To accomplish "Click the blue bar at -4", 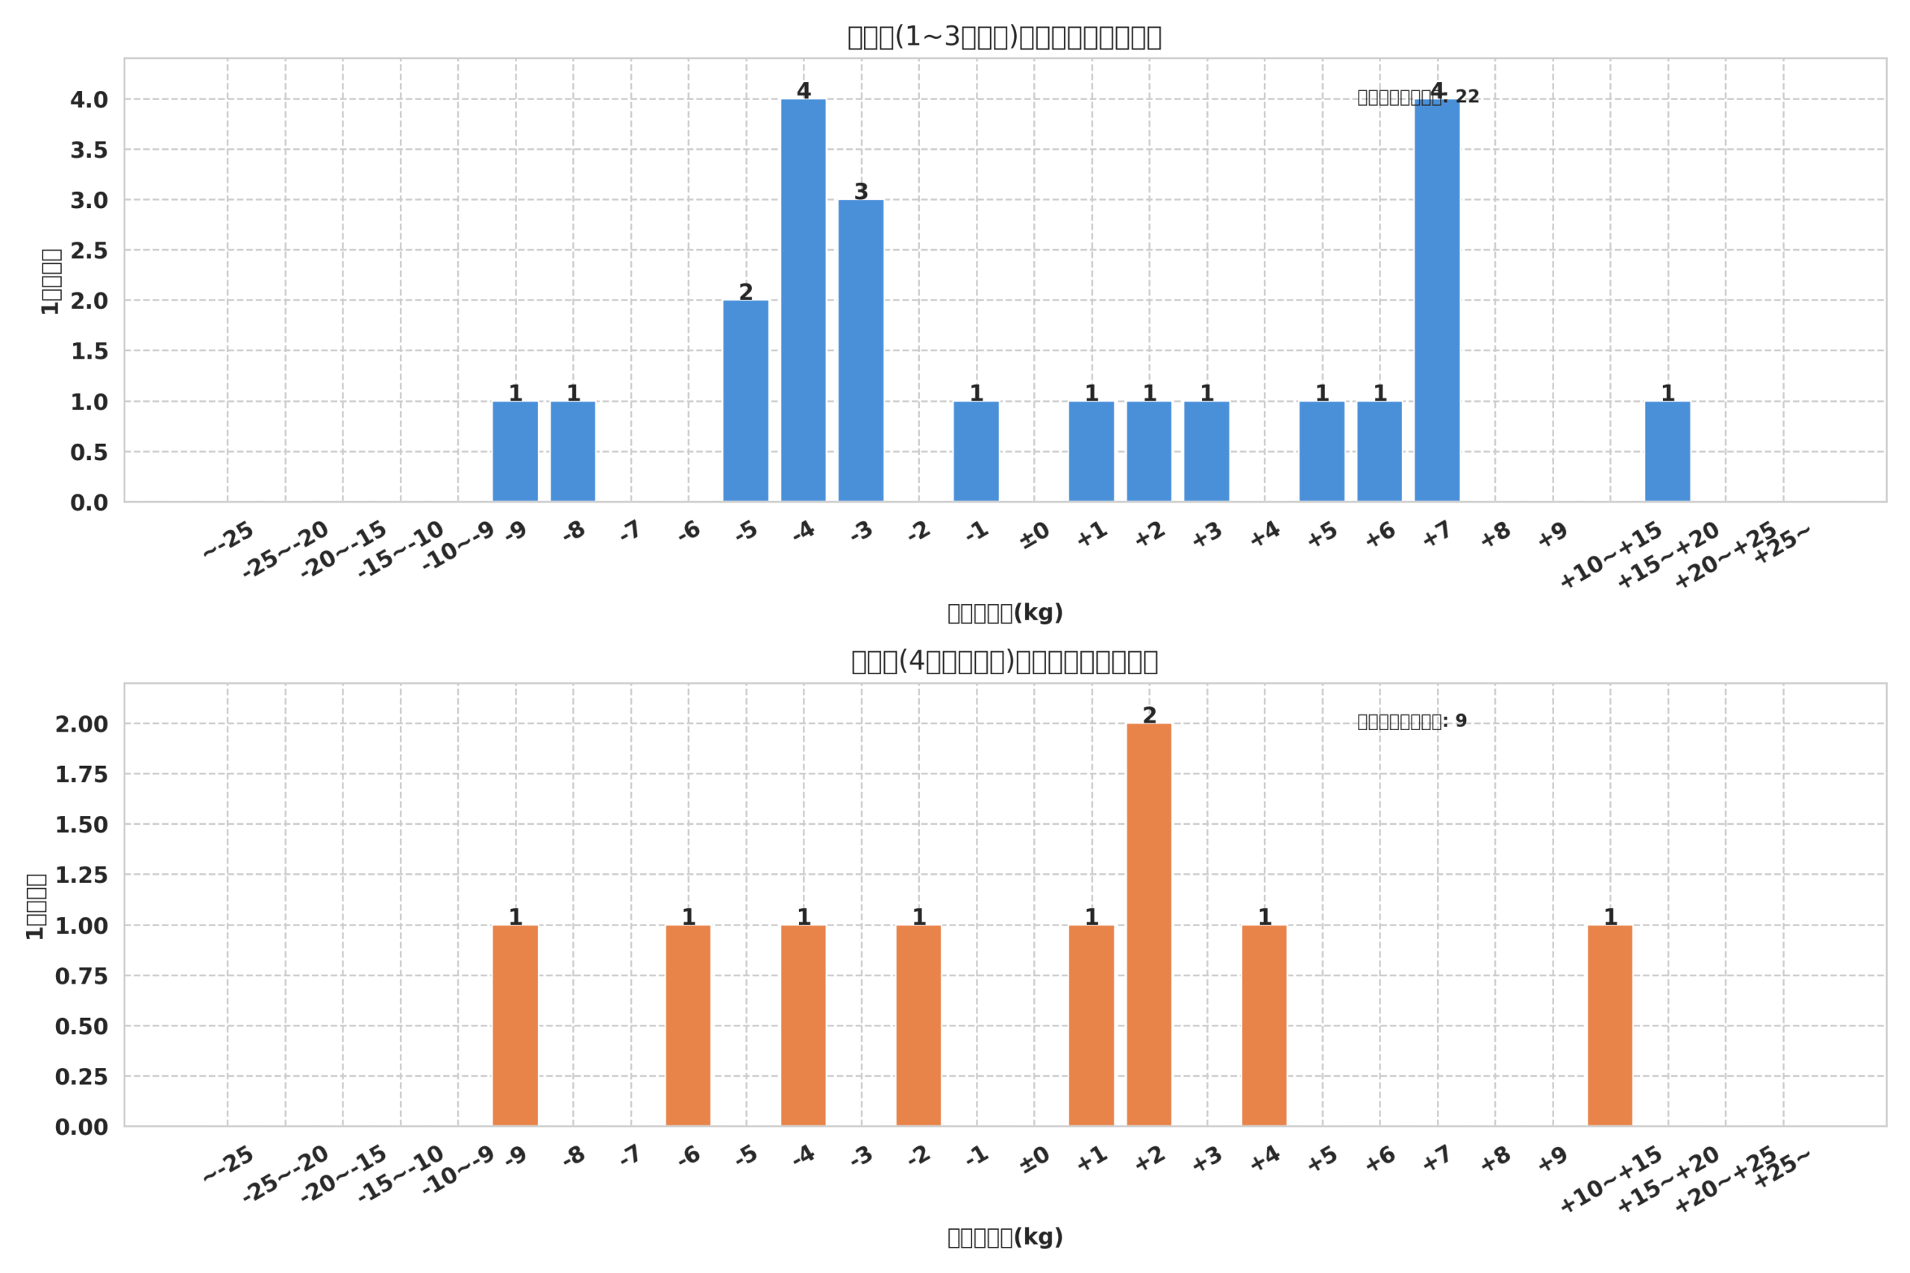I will coord(803,301).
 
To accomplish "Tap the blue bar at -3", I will coord(861,351).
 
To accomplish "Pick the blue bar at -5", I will coord(745,401).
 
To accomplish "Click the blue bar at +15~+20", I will coord(1668,451).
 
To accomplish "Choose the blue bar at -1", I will coord(976,451).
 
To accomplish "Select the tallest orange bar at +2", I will coord(1148,925).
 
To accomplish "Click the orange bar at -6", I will coord(688,1025).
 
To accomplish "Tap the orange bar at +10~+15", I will coord(1609,1025).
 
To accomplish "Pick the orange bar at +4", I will coord(1264,1025).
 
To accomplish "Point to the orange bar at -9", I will coord(515,1025).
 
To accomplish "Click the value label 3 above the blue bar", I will coord(861,192).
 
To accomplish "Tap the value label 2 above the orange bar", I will coord(1149,716).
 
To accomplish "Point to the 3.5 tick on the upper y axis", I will coord(89,150).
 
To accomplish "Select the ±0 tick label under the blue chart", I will coord(1035,536).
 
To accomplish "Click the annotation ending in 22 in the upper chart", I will coord(1418,98).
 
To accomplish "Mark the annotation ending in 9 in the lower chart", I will coord(1412,722).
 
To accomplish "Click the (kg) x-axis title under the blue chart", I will coord(1004,613).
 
